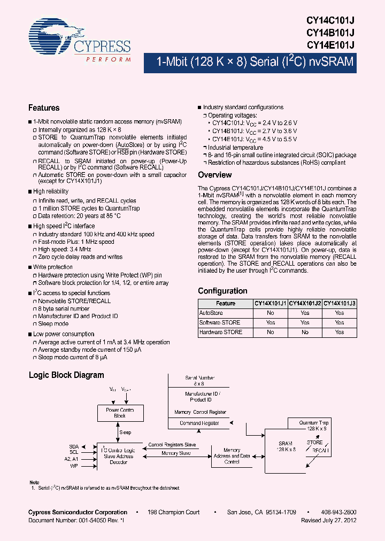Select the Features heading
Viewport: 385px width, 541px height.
click(x=44, y=108)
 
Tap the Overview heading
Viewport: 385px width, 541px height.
click(x=214, y=175)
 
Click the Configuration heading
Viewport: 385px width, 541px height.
click(x=222, y=291)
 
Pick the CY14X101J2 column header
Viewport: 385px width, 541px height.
click(x=305, y=303)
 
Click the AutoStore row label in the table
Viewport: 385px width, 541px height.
click(x=211, y=313)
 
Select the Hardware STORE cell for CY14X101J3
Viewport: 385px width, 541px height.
click(x=339, y=332)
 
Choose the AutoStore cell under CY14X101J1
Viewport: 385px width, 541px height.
click(x=270, y=313)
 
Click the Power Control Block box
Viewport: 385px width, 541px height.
click(x=120, y=413)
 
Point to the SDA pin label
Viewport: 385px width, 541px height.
click(x=74, y=446)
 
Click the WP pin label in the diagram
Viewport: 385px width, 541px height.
click(x=74, y=466)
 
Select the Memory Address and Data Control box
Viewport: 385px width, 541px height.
click(x=232, y=456)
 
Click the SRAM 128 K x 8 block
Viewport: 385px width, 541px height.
click(x=285, y=447)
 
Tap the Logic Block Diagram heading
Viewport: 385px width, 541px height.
click(x=66, y=375)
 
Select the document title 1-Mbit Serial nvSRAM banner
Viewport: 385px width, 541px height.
click(x=255, y=62)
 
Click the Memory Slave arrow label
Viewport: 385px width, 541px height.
click(x=176, y=453)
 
